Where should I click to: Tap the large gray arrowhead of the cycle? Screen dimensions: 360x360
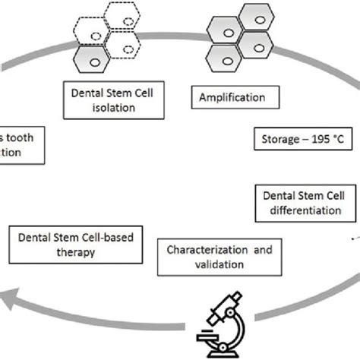[15, 308]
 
